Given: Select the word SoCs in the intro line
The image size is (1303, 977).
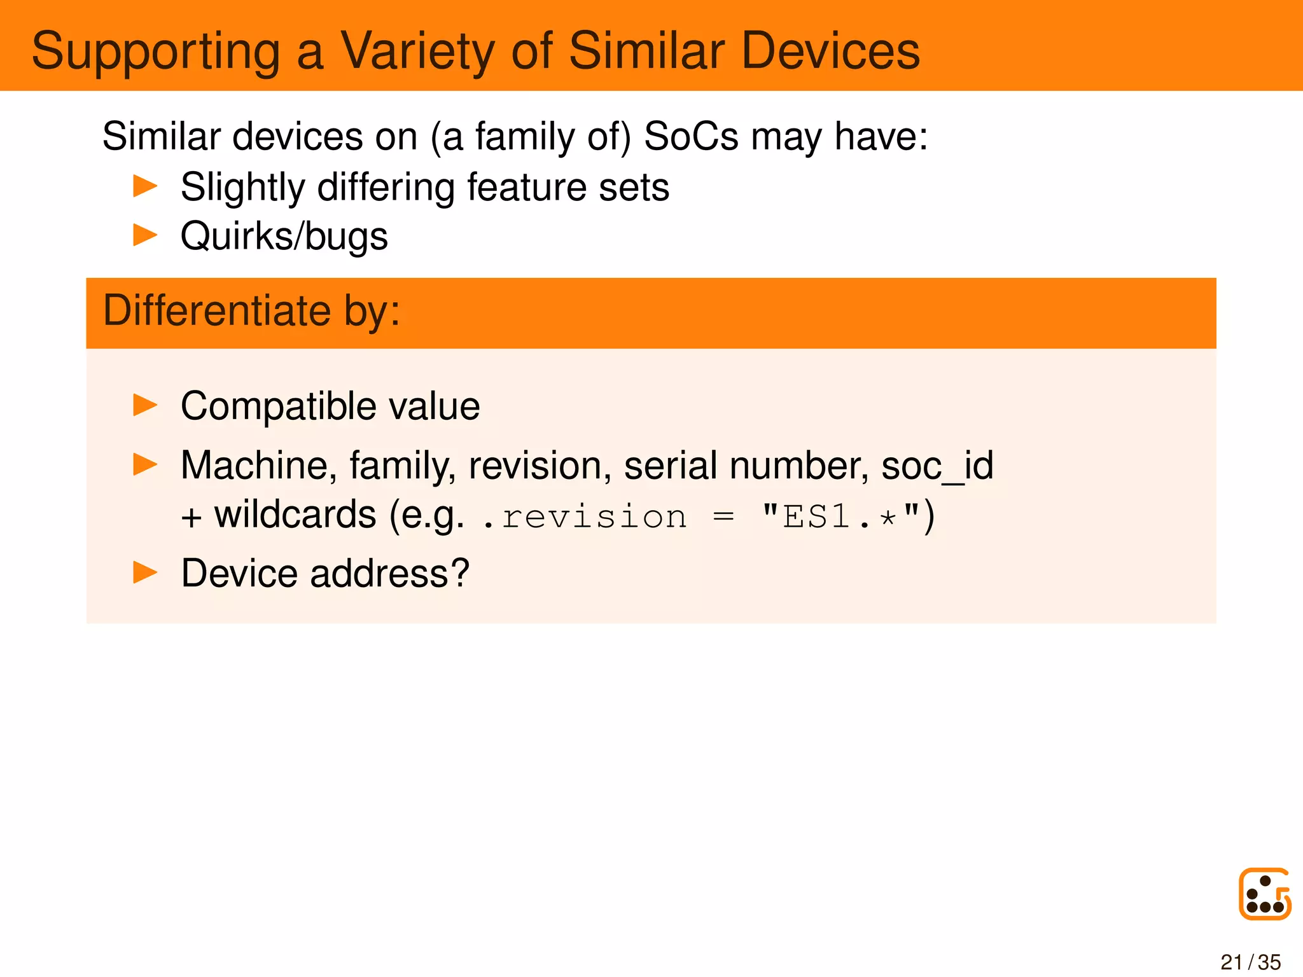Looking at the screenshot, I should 691,136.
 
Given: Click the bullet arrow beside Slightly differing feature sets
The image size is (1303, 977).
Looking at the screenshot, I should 145,186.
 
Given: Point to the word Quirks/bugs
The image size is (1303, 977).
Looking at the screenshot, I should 284,237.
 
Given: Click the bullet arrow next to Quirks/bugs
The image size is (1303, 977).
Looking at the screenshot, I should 145,235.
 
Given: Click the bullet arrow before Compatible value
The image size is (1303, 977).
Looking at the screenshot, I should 145,405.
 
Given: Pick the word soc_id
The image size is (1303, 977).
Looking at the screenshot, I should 937,466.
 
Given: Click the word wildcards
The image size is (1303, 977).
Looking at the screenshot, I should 295,515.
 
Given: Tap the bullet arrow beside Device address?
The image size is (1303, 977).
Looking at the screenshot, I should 145,572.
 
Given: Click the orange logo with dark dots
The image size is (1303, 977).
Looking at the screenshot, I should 1264,894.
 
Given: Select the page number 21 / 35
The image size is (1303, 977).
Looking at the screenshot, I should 1250,962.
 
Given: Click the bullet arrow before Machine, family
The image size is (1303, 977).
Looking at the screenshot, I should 145,464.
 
